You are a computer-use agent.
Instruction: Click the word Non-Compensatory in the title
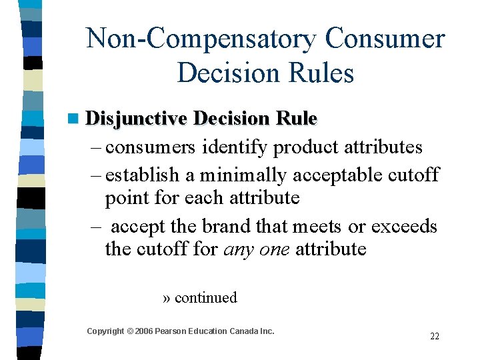click(201, 39)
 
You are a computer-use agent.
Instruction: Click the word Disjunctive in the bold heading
click(137, 119)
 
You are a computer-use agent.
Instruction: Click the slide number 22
click(435, 336)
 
